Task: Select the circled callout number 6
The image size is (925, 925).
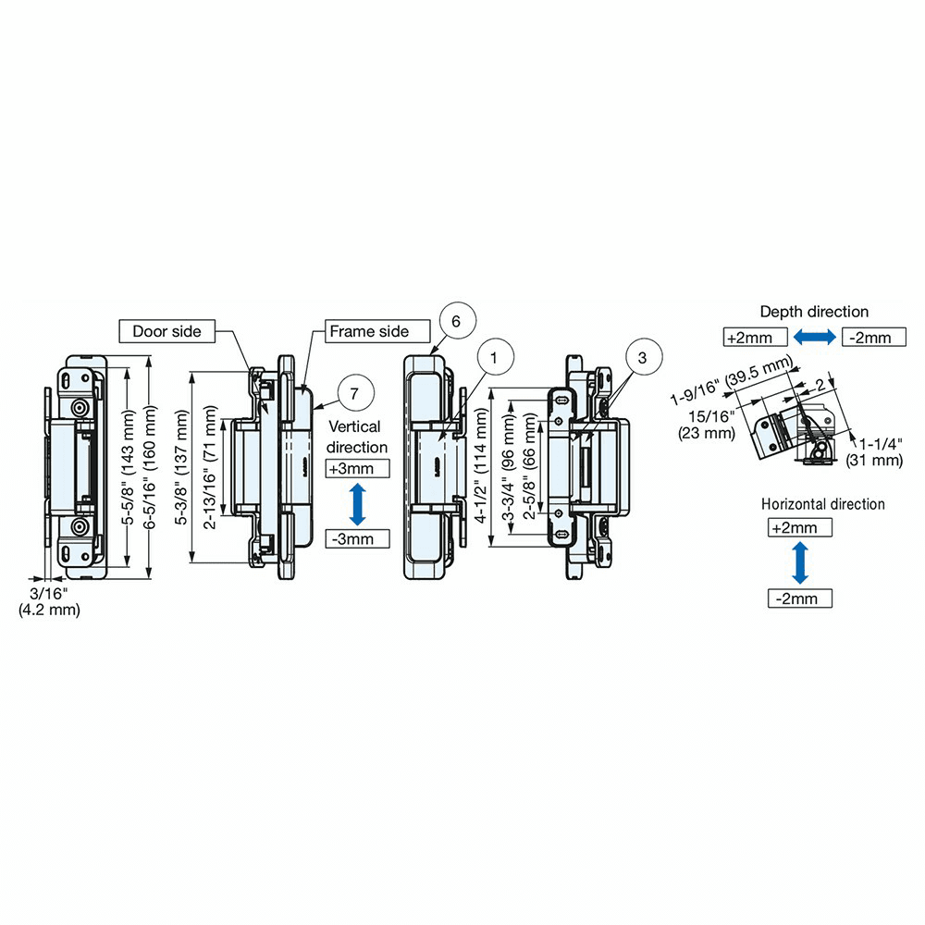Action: pos(459,321)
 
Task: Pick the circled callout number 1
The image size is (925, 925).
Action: pos(494,356)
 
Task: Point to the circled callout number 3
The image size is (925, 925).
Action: pos(644,356)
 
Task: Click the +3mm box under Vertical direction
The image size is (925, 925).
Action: pos(357,468)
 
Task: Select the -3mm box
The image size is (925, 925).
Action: pos(357,538)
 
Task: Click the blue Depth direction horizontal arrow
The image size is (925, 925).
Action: pos(814,337)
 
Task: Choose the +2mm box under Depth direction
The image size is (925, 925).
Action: pos(756,337)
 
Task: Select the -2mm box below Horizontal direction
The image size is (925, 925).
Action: pos(800,598)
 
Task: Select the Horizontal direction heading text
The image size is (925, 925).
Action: pos(822,504)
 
